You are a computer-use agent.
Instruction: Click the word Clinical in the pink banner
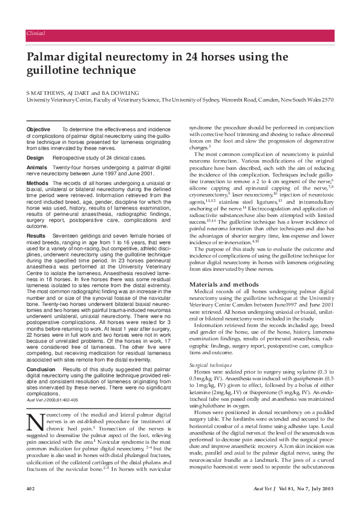36,33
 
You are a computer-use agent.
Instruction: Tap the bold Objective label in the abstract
39,130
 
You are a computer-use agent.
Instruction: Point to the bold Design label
35,157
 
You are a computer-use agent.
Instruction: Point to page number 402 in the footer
31,488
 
